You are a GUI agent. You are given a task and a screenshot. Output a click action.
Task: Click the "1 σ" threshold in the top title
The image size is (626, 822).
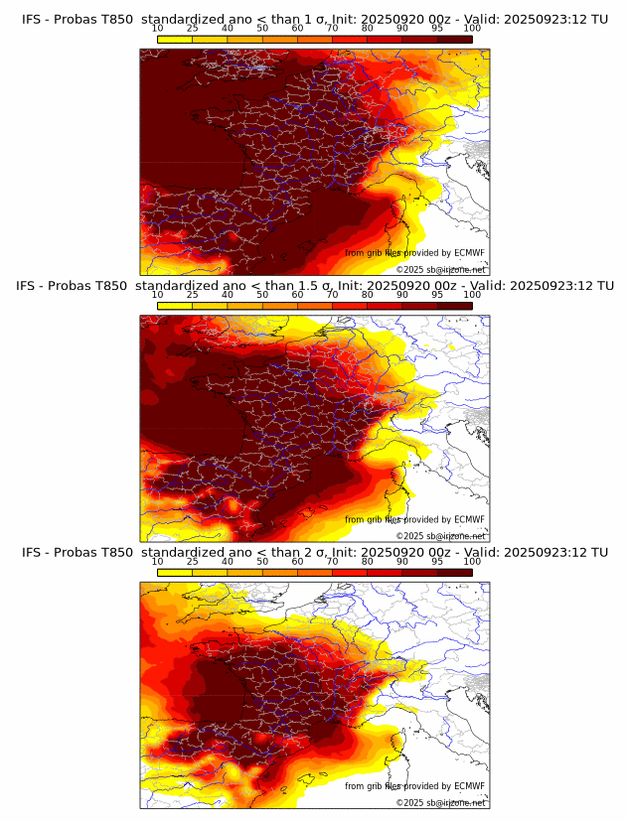tap(310, 19)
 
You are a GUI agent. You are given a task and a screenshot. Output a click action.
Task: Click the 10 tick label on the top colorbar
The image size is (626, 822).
tap(157, 29)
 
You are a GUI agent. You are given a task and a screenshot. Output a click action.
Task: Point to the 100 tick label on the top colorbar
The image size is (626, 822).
tap(472, 29)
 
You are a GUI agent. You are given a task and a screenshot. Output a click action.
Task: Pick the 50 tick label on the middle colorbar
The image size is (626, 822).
tap(262, 295)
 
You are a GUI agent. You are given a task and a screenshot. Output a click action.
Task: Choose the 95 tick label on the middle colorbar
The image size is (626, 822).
tap(437, 295)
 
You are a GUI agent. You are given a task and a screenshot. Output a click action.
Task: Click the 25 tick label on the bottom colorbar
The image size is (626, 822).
tap(192, 562)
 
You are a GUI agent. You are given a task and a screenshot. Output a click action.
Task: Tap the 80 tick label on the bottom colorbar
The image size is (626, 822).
tap(367, 562)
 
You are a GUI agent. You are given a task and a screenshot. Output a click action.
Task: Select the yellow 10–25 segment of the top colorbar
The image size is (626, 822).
tap(175, 38)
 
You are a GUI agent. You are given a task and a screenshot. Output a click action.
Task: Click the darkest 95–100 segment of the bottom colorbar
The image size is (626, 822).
tap(454, 572)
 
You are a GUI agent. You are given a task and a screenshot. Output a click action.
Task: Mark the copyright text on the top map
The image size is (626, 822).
tap(440, 269)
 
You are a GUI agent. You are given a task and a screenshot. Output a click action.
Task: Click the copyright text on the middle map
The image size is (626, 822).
tap(440, 536)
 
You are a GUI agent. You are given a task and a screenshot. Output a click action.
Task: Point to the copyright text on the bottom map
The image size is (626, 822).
tap(440, 802)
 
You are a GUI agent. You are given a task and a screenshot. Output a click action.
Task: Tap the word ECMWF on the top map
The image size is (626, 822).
tap(469, 253)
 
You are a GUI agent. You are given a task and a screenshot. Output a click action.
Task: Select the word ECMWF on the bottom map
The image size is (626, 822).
tap(469, 786)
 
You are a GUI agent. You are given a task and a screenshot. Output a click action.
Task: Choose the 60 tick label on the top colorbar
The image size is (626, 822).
tap(297, 29)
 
